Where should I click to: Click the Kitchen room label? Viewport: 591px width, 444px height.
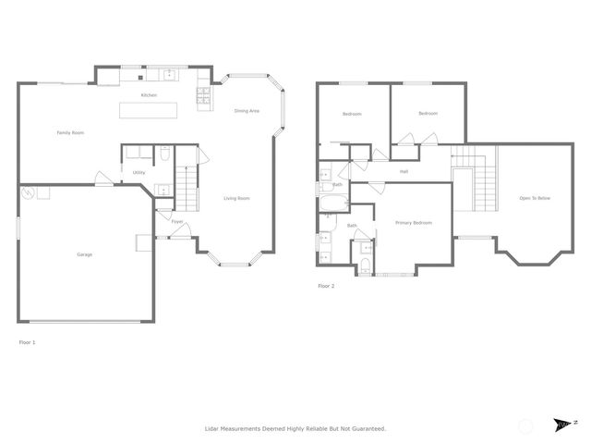[x=149, y=95]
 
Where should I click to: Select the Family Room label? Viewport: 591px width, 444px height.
[x=70, y=133]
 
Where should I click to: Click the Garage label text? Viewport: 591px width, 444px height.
[x=84, y=254]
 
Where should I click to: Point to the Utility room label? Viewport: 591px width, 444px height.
[x=139, y=172]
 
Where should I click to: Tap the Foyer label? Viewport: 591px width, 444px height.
[x=176, y=222]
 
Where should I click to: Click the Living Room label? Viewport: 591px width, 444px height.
[x=237, y=198]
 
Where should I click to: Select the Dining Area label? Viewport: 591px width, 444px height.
[x=247, y=111]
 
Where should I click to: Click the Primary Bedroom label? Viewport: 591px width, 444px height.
[x=414, y=223]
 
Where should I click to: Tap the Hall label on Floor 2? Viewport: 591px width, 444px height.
[x=404, y=172]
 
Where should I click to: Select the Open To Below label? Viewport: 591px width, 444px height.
[x=535, y=198]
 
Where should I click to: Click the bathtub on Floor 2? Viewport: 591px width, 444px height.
[x=332, y=201]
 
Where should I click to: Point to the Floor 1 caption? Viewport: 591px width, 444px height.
[x=28, y=342]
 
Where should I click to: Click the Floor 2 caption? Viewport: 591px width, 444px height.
[x=326, y=287]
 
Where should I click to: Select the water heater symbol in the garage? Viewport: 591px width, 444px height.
[x=30, y=193]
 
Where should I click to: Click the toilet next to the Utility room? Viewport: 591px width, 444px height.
[x=164, y=154]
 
